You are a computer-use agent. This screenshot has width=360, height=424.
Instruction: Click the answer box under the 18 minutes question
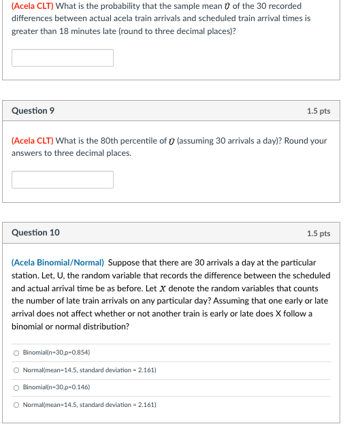(x=63, y=58)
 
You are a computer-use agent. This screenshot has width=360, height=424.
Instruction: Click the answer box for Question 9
(x=63, y=180)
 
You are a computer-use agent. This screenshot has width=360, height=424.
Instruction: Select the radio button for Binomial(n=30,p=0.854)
(x=16, y=353)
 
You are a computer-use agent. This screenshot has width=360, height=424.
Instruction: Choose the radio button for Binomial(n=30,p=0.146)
(x=16, y=387)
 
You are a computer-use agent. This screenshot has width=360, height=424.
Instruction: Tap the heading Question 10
(x=35, y=233)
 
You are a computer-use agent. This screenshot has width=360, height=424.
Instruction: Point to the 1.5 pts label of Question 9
(x=318, y=111)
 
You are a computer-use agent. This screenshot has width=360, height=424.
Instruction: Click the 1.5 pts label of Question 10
(x=318, y=233)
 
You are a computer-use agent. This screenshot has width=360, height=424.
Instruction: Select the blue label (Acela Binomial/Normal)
(x=58, y=262)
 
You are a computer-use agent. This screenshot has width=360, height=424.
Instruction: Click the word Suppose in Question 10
(x=125, y=262)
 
